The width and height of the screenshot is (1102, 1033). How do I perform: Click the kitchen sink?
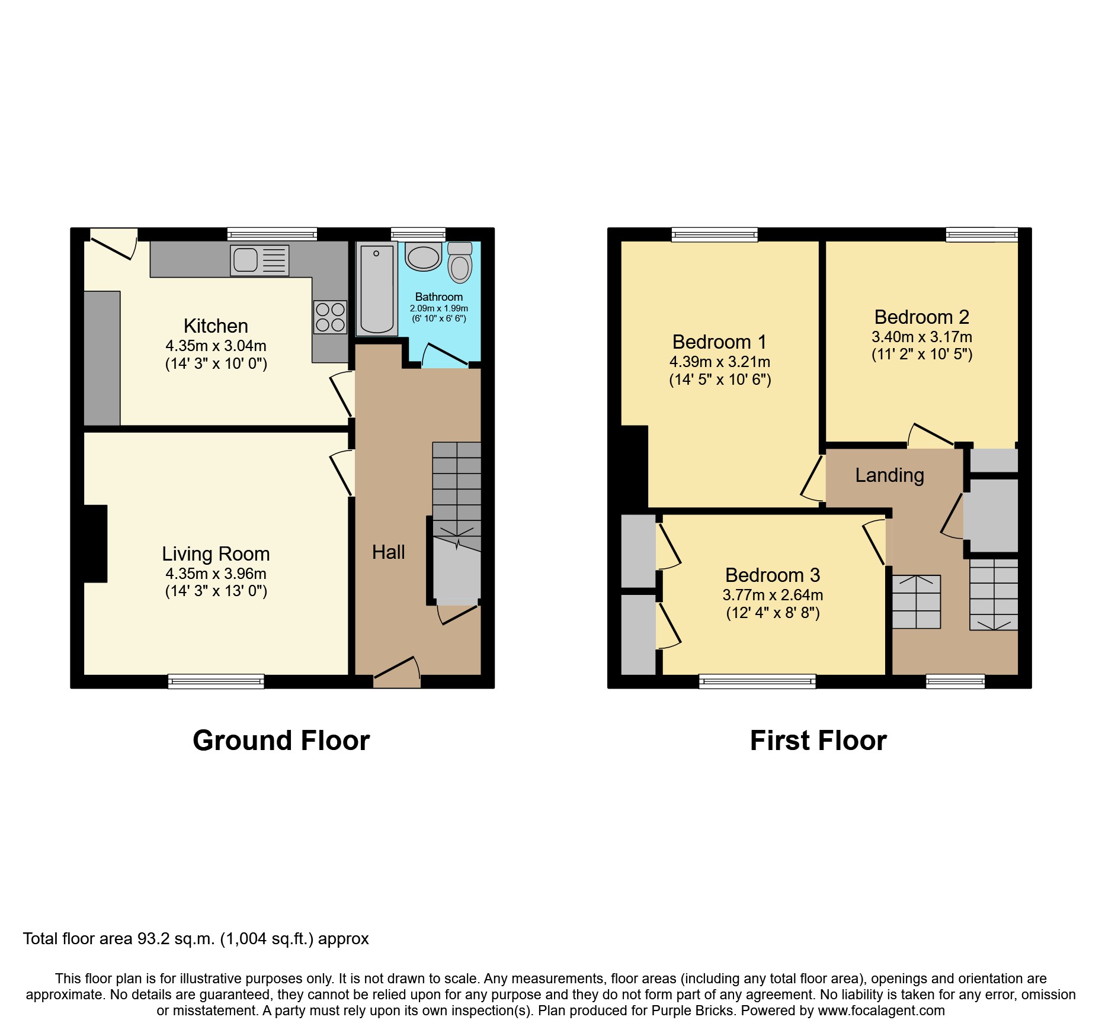(x=259, y=260)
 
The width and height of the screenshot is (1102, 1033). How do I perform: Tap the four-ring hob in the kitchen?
(x=330, y=317)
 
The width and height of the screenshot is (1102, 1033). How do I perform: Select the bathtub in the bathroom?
(x=376, y=289)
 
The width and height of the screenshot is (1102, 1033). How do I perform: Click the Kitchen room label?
(x=216, y=326)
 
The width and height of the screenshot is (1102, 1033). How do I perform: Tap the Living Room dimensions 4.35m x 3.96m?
(x=216, y=574)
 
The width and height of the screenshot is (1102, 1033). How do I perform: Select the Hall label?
(x=388, y=552)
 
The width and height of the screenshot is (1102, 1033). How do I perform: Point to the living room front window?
(x=216, y=681)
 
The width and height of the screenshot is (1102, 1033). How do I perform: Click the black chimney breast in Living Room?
(x=95, y=543)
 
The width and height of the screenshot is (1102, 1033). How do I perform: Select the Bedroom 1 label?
(x=719, y=342)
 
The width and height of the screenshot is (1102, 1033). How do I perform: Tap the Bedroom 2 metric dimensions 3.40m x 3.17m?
(x=921, y=337)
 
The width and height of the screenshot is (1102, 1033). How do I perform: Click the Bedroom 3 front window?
(x=757, y=681)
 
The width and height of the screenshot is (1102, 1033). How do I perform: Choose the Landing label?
(x=889, y=475)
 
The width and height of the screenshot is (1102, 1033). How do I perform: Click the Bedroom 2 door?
(x=931, y=435)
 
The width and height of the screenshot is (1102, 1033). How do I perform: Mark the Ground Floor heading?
(x=281, y=741)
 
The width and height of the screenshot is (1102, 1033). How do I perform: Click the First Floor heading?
(x=818, y=741)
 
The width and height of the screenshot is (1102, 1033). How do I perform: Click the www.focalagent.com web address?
(x=881, y=1011)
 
